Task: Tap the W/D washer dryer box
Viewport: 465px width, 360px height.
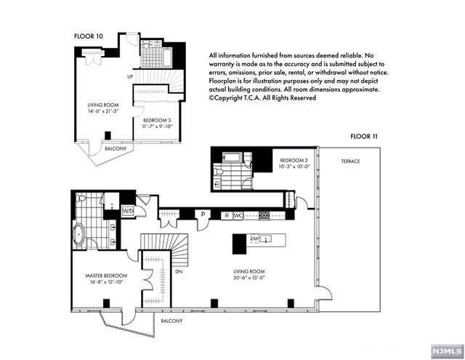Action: pos(128,212)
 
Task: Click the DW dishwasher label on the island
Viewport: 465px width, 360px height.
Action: pos(255,239)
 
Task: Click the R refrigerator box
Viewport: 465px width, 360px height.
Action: pos(227,215)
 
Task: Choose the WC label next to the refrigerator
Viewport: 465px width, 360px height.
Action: pos(238,215)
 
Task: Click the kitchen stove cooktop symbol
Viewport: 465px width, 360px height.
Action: pos(265,215)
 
